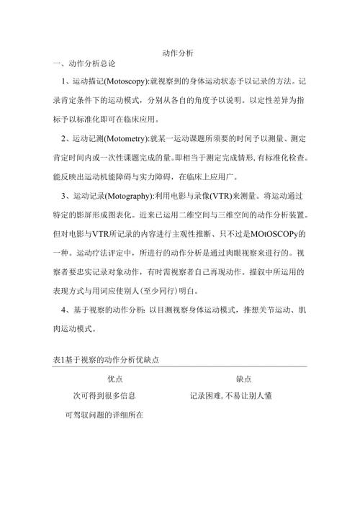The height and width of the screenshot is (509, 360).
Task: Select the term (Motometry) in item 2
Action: [125, 138]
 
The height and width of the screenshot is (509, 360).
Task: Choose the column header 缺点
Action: [246, 378]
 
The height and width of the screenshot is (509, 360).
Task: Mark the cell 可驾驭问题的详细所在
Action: [101, 415]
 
